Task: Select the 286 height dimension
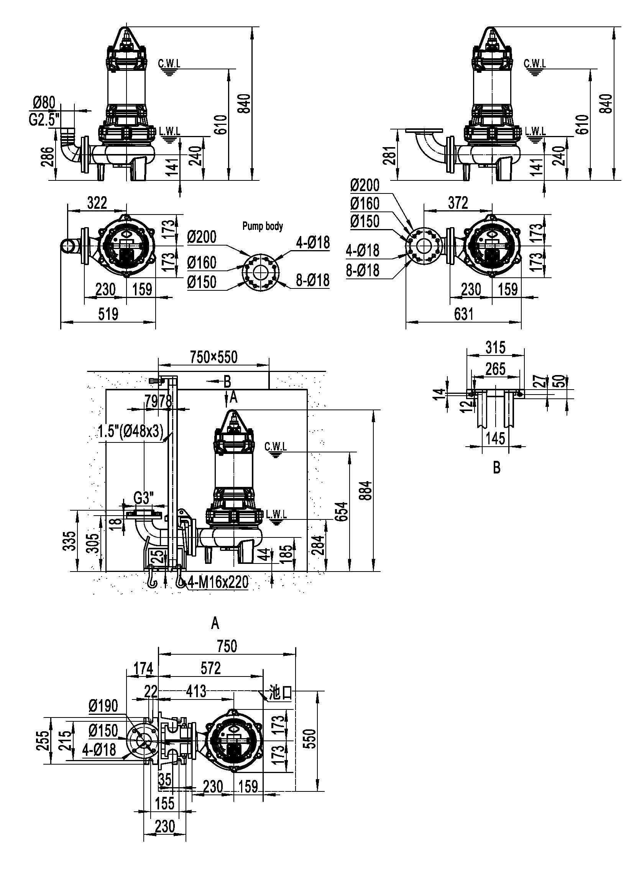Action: pyautogui.click(x=48, y=157)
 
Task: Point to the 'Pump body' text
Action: pyautogui.click(x=262, y=226)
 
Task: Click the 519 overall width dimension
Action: pyautogui.click(x=108, y=314)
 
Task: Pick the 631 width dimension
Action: pyautogui.click(x=463, y=314)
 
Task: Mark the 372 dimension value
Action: pyautogui.click(x=458, y=203)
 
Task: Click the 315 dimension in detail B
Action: pyautogui.click(x=495, y=347)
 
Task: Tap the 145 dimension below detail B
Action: pyautogui.click(x=495, y=438)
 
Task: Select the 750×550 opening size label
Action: pyautogui.click(x=214, y=357)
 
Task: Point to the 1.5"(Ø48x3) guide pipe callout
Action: pyautogui.click(x=130, y=432)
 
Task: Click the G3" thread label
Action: pyautogui.click(x=144, y=498)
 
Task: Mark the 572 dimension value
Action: pyautogui.click(x=211, y=668)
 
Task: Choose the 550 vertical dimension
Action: pyautogui.click(x=310, y=738)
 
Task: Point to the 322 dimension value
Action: pyautogui.click(x=97, y=203)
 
